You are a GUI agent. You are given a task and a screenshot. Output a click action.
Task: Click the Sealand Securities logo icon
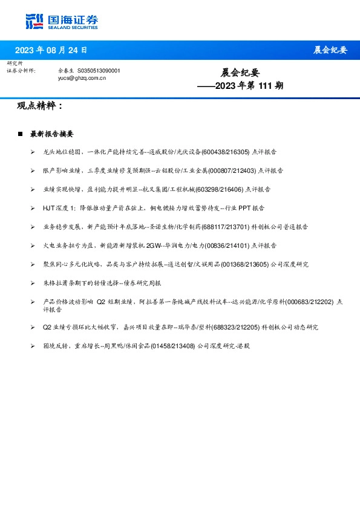tap(35, 21)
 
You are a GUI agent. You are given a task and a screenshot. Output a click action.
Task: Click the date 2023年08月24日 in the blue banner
tap(51, 50)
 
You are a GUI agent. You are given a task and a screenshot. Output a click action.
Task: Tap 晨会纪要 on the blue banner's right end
tap(330, 50)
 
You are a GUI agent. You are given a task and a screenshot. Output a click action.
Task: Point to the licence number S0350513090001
tap(99, 71)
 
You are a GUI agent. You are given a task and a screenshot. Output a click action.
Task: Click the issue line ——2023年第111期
tap(240, 86)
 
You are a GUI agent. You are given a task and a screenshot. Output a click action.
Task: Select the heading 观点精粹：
tap(40, 106)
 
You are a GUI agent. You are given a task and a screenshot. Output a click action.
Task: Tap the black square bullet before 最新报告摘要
tap(21, 134)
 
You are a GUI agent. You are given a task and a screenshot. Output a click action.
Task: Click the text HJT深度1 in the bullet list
tap(58, 208)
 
